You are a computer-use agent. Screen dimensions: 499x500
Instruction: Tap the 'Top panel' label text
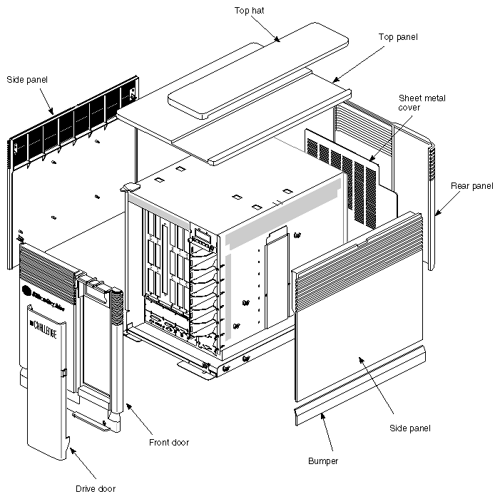pyautogui.click(x=398, y=36)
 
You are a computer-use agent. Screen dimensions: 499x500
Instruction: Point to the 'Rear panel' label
pyautogui.click(x=471, y=186)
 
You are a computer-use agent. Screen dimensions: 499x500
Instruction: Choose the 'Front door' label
pyautogui.click(x=169, y=442)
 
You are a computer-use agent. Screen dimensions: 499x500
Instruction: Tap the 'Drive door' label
pyautogui.click(x=95, y=488)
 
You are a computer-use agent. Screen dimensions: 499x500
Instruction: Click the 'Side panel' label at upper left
pyautogui.click(x=26, y=79)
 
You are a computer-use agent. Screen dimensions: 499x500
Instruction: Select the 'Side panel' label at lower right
pyautogui.click(x=410, y=428)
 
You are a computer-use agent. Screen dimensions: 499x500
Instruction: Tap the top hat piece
pyautogui.click(x=271, y=64)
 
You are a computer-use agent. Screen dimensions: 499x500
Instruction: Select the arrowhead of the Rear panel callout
pyautogui.click(x=436, y=215)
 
